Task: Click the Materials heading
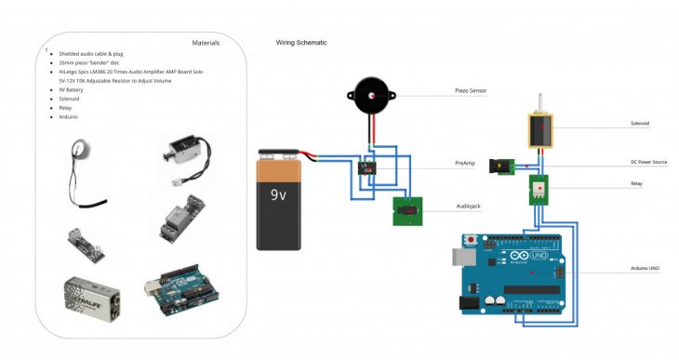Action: tap(206, 43)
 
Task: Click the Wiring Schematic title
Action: tap(301, 43)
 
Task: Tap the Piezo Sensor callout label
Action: tap(471, 91)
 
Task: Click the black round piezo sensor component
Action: tap(370, 96)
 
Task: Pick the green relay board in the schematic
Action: tap(539, 189)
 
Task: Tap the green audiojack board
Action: tap(406, 211)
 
